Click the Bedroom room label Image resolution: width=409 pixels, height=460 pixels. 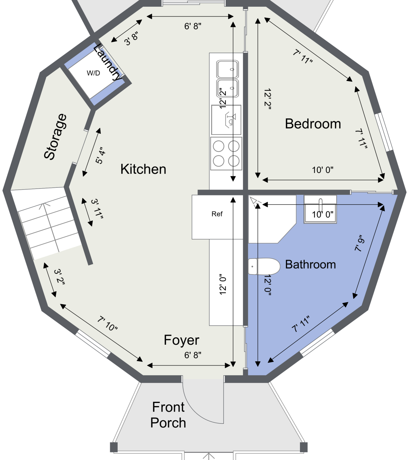313,124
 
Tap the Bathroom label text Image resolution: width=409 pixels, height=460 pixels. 310,264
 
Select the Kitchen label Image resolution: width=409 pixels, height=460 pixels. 143,169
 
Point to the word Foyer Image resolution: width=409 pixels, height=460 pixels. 181,340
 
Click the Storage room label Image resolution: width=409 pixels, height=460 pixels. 55,137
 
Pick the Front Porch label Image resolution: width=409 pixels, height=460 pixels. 168,415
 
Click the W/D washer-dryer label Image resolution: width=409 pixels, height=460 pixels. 93,73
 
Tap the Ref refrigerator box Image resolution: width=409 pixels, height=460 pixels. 217,217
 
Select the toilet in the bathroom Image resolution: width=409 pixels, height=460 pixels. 264,266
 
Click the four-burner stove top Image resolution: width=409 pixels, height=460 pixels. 226,153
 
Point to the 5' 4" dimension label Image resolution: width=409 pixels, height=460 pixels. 100,155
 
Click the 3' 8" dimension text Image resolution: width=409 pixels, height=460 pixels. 131,39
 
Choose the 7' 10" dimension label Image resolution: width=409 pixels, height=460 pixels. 107,323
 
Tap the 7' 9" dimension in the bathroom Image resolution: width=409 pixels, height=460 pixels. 360,243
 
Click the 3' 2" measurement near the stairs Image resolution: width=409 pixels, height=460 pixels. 59,277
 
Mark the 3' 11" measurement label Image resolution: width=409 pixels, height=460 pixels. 97,209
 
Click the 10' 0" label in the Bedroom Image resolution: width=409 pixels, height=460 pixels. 323,170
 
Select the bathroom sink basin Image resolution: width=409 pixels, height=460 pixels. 320,209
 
